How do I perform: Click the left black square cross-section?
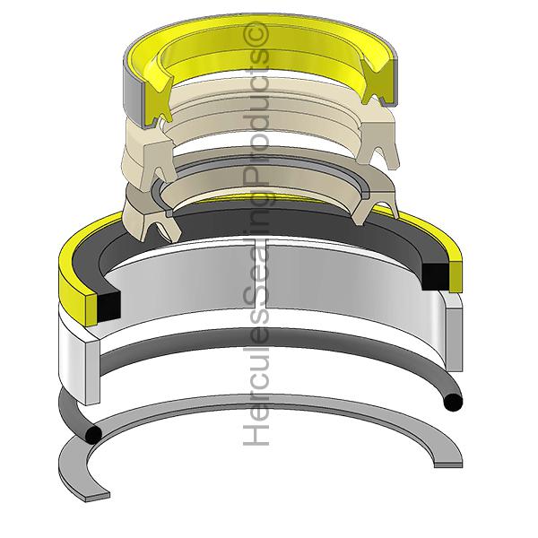point(107,305)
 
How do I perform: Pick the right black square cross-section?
point(435,274)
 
